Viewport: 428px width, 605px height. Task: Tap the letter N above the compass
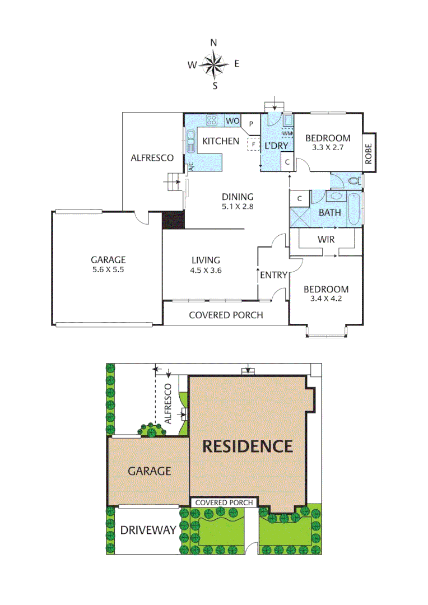point(213,43)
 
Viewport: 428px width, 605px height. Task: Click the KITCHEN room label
point(221,141)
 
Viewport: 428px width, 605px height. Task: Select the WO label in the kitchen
point(232,120)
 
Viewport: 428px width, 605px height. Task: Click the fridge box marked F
point(253,144)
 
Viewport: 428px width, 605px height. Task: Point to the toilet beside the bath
point(353,181)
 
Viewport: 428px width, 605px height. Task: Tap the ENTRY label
point(273,275)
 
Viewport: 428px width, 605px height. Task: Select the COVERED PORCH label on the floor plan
point(226,315)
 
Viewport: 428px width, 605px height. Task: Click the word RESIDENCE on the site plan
point(247,446)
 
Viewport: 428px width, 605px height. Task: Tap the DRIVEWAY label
point(148,530)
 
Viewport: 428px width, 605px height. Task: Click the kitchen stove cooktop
point(212,119)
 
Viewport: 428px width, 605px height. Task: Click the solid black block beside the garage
point(173,220)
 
